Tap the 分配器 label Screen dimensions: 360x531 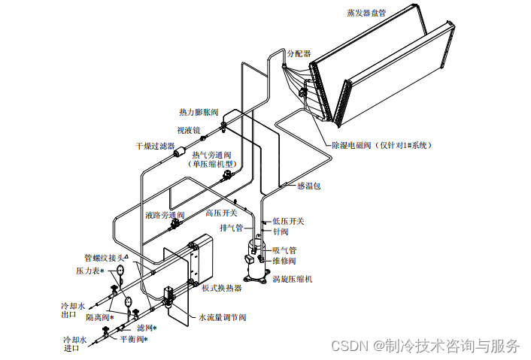coord(299,54)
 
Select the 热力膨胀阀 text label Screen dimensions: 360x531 coord(199,112)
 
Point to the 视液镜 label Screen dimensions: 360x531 coord(188,129)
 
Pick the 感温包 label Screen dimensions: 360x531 coord(308,186)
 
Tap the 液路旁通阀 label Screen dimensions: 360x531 coord(165,215)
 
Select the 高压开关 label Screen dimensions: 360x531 coord(221,213)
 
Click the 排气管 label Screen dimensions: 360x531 coord(231,228)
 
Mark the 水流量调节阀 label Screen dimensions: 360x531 coord(223,317)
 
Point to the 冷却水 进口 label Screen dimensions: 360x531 coord(74,344)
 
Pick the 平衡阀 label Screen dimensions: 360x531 coord(134,339)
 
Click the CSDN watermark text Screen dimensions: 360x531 coord(425,346)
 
